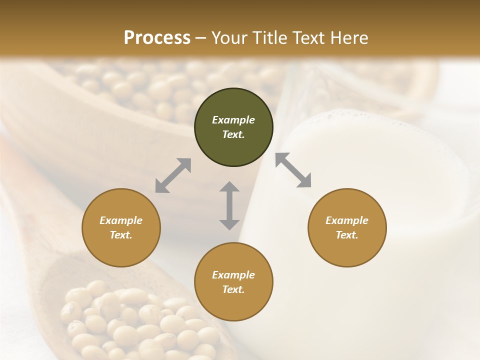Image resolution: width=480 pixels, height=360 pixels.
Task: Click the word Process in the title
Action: [157, 38]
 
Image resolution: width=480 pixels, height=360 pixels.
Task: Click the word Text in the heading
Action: [308, 38]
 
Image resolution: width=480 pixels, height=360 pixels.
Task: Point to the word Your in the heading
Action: [229, 38]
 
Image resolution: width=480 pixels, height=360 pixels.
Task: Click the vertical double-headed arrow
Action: [229, 205]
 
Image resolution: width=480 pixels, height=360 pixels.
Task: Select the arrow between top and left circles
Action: [173, 175]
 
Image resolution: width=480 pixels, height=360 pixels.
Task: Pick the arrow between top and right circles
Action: [293, 170]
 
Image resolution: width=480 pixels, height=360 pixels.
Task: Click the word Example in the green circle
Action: [233, 120]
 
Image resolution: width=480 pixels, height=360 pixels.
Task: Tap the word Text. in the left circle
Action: [121, 235]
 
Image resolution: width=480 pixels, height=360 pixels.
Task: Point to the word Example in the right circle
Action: [347, 220]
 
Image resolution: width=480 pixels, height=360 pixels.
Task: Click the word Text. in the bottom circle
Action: [233, 289]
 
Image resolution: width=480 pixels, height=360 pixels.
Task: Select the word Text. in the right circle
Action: [347, 235]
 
